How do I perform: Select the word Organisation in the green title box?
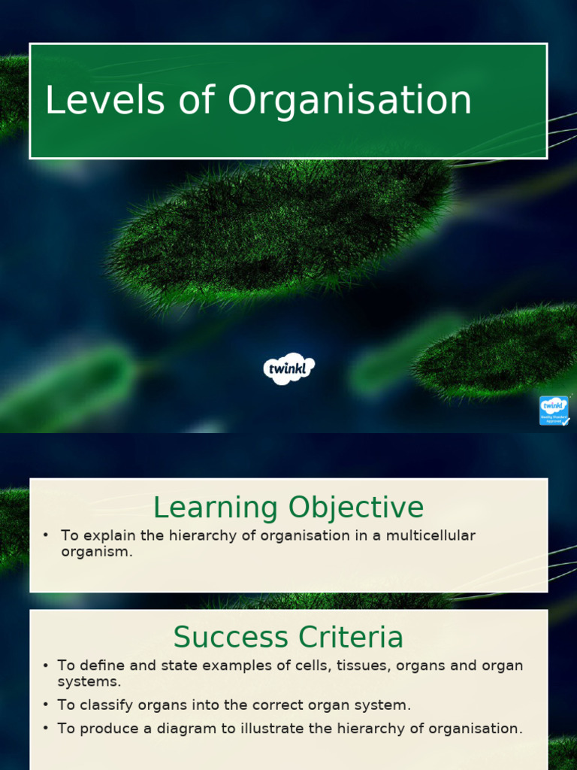350,101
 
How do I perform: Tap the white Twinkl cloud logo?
288,369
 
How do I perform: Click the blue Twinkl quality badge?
554,411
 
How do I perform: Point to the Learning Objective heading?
288,508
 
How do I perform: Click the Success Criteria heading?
288,638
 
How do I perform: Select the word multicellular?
434,535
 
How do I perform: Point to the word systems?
89,681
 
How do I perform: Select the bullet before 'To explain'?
46,535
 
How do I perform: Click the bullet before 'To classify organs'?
46,705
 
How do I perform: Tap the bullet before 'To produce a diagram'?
46,728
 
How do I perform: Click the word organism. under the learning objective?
97,551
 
